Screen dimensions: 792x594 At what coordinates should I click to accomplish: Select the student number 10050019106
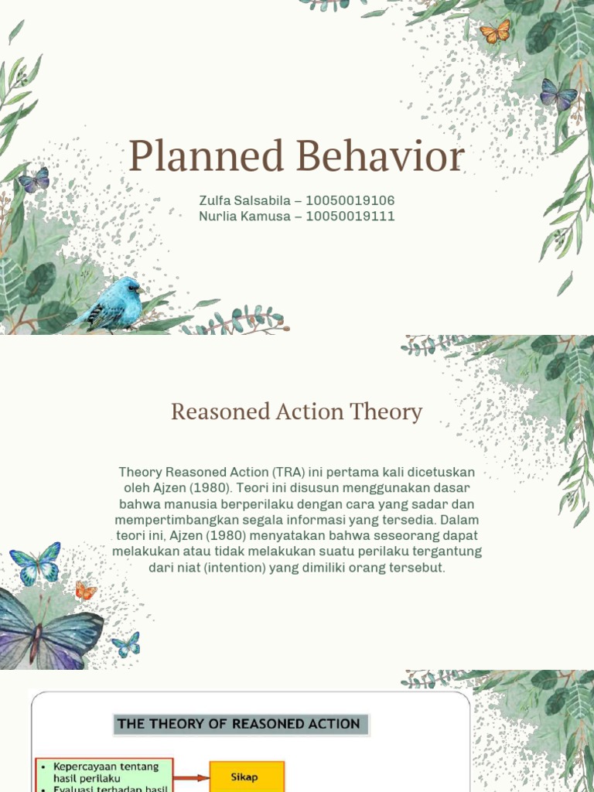350,200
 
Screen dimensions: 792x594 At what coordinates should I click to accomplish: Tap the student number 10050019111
350,216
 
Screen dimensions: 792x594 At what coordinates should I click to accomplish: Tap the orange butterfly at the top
495,32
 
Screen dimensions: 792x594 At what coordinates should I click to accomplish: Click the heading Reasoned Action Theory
297,411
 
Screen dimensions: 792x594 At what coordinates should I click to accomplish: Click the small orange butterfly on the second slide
85,591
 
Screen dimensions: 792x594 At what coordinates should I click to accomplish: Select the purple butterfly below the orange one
558,95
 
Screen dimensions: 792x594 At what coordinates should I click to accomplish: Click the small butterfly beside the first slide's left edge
34,180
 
